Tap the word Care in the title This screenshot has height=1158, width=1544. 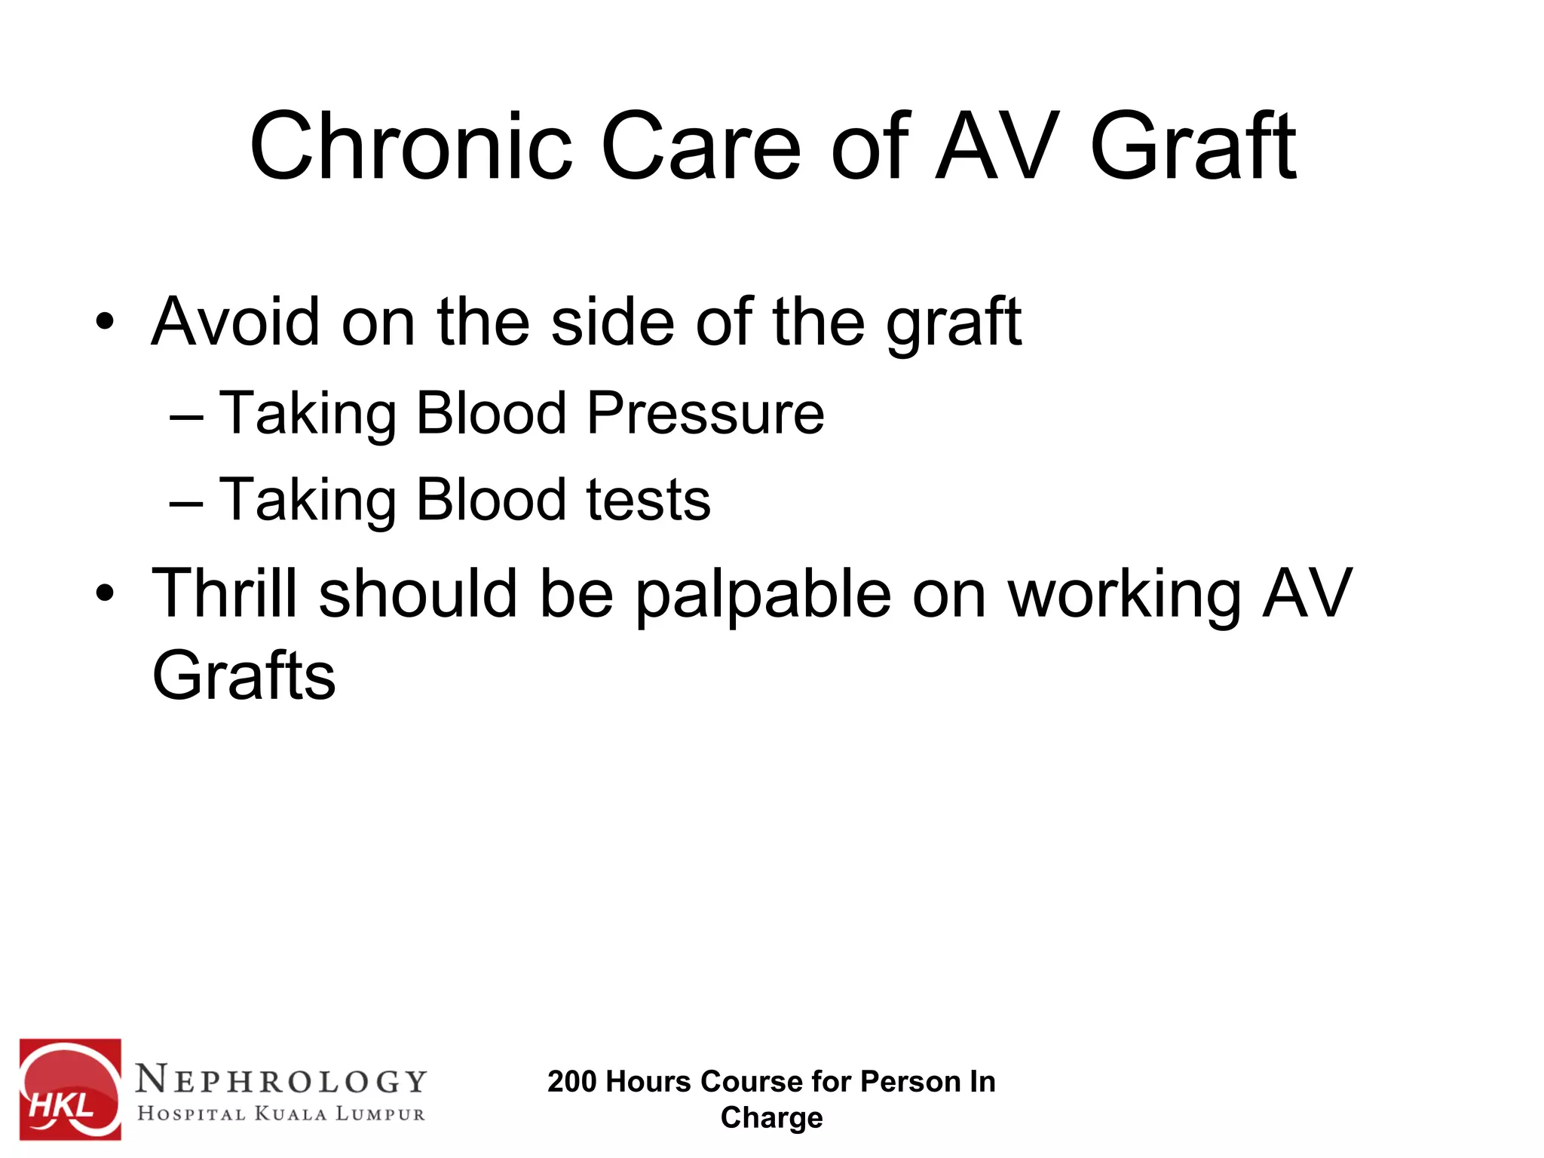point(700,146)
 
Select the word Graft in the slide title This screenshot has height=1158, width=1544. point(1193,146)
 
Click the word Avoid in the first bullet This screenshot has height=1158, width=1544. point(235,322)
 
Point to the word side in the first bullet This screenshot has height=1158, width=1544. point(612,322)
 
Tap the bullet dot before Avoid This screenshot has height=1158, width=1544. point(105,323)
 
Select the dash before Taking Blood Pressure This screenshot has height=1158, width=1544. point(186,415)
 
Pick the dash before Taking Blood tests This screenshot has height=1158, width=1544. point(186,502)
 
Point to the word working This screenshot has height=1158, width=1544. point(1124,596)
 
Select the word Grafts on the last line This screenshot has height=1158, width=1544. point(244,675)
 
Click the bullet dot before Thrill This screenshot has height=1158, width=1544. point(105,594)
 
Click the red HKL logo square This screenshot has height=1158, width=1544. point(70,1089)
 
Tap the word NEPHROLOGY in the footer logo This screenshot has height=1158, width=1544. point(282,1080)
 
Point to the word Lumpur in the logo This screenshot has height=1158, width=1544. point(380,1114)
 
